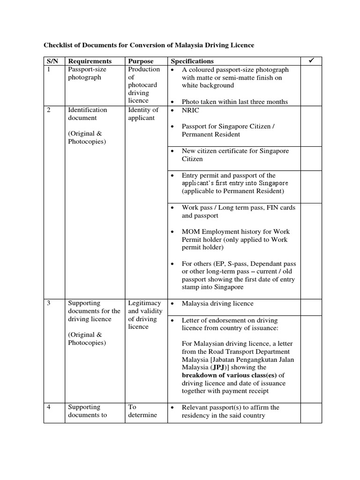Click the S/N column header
coord(51,61)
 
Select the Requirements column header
coord(90,61)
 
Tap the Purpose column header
coord(141,61)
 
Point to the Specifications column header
coord(192,61)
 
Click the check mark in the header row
coord(310,61)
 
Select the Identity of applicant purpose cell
coord(143,114)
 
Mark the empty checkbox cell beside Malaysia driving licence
coord(311,307)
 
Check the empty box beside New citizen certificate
coord(311,158)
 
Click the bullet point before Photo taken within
coord(173,102)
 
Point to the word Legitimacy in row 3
coord(144,303)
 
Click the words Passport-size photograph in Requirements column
coord(87,73)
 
